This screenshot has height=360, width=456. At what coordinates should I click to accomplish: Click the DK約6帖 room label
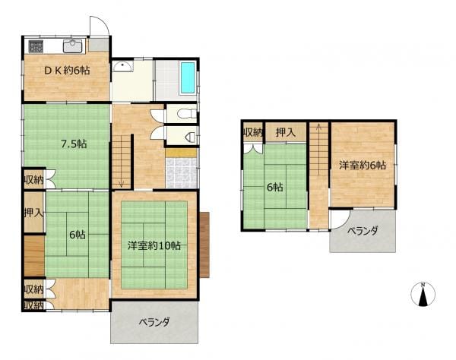[67, 71]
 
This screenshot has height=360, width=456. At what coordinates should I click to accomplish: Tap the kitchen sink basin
[72, 46]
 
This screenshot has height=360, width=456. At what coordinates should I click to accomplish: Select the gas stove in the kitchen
[36, 46]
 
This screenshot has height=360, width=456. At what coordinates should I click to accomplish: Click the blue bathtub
[188, 78]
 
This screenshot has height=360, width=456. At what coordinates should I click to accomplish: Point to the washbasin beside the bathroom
[122, 66]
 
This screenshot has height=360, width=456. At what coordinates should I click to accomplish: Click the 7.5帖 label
[74, 144]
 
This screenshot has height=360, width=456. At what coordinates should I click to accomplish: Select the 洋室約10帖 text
[154, 246]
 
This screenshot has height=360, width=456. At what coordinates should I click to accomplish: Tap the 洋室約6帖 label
[363, 166]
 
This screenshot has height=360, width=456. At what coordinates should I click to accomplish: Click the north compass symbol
[423, 294]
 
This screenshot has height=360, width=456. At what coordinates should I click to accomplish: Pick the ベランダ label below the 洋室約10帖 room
[154, 322]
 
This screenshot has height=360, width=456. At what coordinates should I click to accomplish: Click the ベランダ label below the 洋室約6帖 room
[363, 231]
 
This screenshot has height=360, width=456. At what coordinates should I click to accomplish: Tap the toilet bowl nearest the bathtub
[187, 114]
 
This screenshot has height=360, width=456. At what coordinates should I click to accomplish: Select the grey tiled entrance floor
[182, 173]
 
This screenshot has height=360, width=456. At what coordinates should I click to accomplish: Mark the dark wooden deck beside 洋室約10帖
[204, 245]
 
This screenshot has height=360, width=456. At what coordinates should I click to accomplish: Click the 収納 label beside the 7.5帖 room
[33, 180]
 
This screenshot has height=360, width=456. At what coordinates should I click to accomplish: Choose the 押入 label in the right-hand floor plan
[286, 132]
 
